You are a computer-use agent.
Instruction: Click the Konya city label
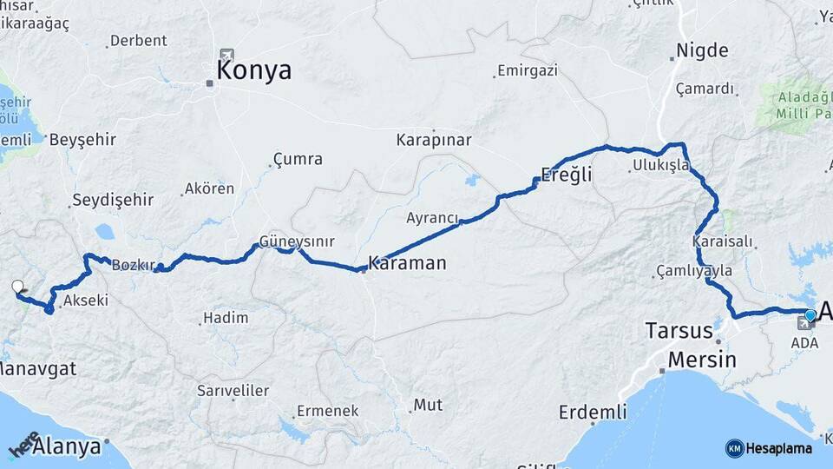point(253,70)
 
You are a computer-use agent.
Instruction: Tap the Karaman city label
point(407,262)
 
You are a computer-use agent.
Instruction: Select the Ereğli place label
point(566,175)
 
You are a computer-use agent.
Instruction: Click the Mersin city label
point(702,360)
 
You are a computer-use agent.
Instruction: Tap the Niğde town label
point(702,50)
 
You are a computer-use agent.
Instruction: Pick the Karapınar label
point(433,140)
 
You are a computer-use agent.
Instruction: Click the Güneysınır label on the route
point(297,242)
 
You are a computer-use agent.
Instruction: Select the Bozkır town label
point(133,265)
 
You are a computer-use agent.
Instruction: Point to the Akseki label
point(86,301)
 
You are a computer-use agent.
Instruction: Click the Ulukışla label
point(660,164)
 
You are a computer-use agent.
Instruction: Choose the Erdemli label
point(593,412)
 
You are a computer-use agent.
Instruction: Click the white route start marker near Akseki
point(17,287)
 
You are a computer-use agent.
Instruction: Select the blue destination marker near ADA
point(810,315)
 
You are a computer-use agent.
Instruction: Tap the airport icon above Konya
point(227,55)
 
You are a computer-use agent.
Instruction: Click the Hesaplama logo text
point(777,448)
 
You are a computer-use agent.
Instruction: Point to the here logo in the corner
point(24,444)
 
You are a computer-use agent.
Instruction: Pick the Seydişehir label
point(113,200)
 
